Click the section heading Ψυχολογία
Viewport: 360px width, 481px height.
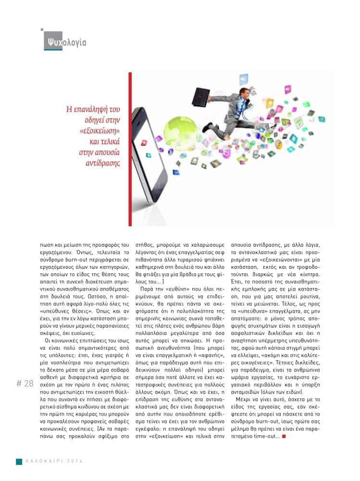click(x=64, y=42)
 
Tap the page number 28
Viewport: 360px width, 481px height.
click(x=25, y=383)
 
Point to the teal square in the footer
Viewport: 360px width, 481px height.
click(x=19, y=461)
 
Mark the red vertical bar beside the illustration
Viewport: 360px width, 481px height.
click(x=130, y=149)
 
